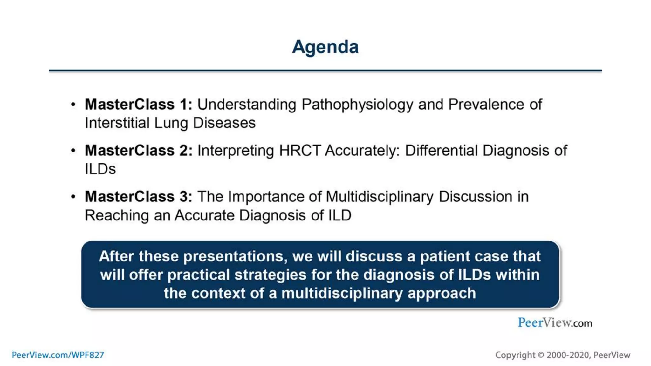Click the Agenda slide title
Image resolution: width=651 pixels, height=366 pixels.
(325, 47)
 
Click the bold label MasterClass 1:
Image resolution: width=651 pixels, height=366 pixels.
(138, 105)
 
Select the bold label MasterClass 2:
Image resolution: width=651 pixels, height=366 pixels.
(138, 151)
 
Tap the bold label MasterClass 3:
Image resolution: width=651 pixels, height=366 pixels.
(138, 197)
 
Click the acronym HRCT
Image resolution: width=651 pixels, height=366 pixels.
(300, 151)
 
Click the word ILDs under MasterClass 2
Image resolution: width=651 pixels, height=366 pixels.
(100, 169)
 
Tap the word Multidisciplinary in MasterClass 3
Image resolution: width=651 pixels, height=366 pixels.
(380, 197)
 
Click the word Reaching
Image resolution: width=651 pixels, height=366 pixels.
(117, 215)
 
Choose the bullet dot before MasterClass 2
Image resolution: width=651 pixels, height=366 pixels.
(73, 151)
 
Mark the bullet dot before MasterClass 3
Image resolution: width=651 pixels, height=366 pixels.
(73, 197)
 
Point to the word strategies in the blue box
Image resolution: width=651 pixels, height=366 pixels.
(270, 275)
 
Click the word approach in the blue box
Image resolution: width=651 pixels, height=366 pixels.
(442, 293)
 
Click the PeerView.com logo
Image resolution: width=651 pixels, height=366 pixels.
(555, 323)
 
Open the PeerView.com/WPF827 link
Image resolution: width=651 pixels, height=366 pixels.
(58, 355)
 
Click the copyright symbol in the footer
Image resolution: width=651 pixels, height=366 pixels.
(541, 355)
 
